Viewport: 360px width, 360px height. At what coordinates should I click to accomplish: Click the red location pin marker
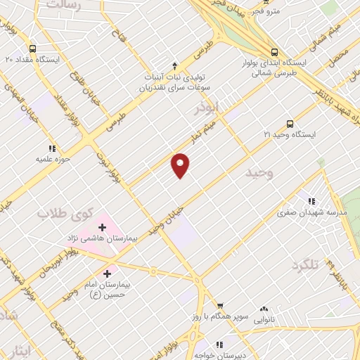[181, 165]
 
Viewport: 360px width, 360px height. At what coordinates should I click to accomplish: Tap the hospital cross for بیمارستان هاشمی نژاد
[103, 227]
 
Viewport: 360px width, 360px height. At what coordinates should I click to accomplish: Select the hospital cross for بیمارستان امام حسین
[108, 274]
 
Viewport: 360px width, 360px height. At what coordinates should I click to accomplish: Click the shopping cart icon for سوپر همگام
[220, 306]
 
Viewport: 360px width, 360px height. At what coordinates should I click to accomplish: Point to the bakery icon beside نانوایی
[264, 309]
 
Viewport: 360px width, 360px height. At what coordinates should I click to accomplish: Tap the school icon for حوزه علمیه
[52, 148]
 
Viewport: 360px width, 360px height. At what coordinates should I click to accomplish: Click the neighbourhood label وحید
[259, 172]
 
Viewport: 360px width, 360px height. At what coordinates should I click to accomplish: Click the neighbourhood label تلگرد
[305, 265]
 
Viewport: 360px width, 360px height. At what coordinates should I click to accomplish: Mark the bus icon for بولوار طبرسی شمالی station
[275, 51]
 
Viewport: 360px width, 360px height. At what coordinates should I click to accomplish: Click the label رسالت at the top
[65, 6]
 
